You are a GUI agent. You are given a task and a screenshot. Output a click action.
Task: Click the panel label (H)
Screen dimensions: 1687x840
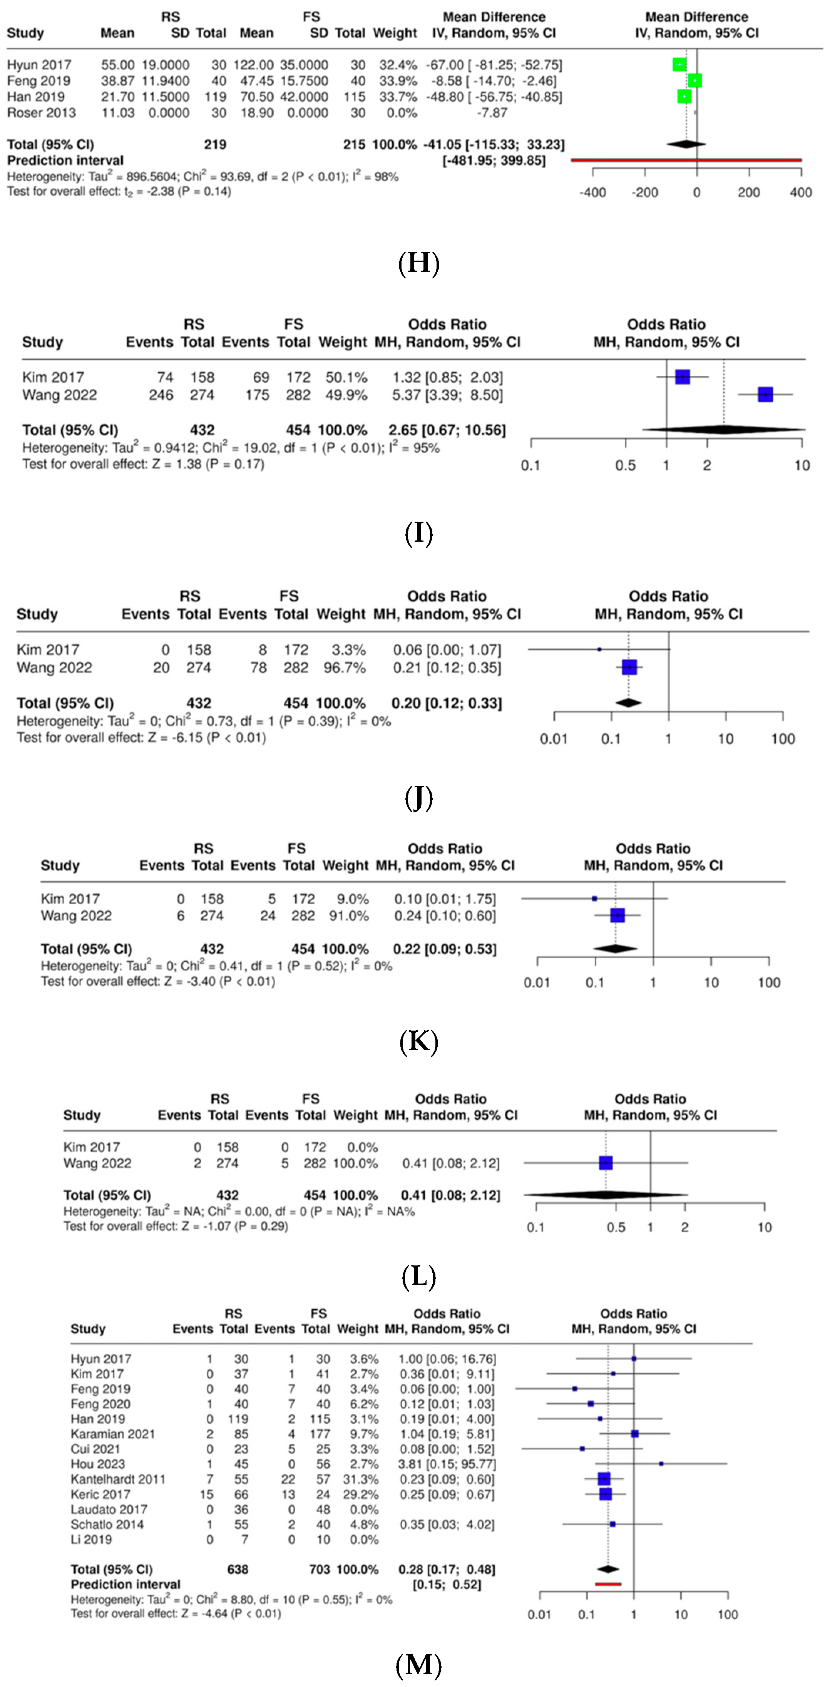point(418,263)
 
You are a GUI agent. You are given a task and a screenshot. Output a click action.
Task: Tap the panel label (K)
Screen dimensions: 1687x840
point(418,1041)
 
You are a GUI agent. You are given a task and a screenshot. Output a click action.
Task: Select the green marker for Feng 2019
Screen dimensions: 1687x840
point(694,80)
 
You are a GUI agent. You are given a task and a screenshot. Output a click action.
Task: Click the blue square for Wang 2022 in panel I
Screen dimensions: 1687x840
point(765,394)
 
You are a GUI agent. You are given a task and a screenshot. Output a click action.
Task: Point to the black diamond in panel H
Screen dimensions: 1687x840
point(686,144)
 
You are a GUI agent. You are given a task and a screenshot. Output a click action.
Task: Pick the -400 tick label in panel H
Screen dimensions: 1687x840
point(592,192)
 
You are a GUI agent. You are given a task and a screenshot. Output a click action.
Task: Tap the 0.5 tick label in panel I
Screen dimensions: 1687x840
point(625,465)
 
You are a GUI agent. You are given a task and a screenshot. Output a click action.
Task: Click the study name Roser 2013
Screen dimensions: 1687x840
point(41,113)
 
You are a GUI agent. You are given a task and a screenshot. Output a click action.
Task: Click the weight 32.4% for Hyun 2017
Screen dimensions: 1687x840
point(397,65)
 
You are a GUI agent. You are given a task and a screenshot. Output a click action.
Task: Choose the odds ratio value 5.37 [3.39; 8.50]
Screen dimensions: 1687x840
point(447,395)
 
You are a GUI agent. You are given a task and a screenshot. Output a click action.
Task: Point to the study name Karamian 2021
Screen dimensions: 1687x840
point(113,1434)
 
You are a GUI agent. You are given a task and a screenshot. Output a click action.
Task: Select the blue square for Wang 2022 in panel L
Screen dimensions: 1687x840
point(606,1163)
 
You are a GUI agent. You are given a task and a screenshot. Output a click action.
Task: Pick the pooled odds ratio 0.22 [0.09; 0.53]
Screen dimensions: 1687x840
point(445,949)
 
